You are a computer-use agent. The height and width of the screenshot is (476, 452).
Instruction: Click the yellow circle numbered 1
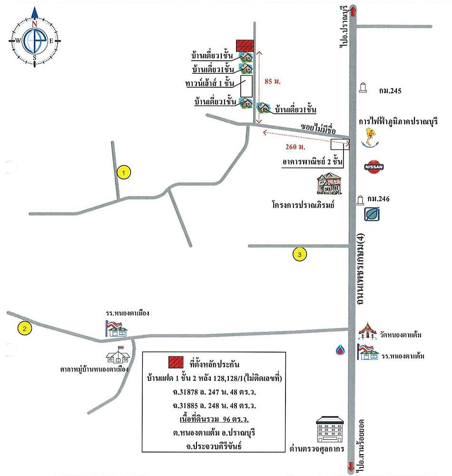pyautogui.click(x=123, y=173)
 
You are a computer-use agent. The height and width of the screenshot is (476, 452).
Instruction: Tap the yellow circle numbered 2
pyautogui.click(x=25, y=328)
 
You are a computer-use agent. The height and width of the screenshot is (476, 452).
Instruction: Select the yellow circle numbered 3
pyautogui.click(x=299, y=254)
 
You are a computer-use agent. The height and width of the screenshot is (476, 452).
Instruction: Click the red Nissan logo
pyautogui.click(x=374, y=167)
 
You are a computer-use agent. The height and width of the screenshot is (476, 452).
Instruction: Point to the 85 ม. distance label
pyautogui.click(x=273, y=81)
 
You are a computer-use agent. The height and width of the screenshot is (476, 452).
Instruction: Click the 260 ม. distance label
pyautogui.click(x=295, y=147)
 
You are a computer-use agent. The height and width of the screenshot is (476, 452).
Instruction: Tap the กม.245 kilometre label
pyautogui.click(x=390, y=91)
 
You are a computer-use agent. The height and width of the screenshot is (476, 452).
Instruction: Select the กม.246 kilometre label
pyautogui.click(x=378, y=199)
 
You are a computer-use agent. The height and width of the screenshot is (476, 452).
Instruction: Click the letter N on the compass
pyautogui.click(x=34, y=24)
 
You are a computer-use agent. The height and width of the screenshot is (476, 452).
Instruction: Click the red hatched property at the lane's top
pyautogui.click(x=245, y=46)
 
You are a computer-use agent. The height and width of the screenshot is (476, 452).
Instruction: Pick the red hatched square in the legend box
pyautogui.click(x=176, y=362)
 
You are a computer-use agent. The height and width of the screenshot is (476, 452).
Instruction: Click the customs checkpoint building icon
pyautogui.click(x=330, y=429)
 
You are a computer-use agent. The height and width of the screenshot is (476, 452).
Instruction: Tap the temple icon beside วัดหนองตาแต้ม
pyautogui.click(x=368, y=331)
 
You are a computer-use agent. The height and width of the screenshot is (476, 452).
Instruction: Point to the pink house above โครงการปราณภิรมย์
pyautogui.click(x=329, y=184)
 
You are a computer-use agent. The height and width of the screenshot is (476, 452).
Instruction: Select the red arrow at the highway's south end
pyautogui.click(x=352, y=466)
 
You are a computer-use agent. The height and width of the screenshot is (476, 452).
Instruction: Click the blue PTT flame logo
pyautogui.click(x=340, y=350)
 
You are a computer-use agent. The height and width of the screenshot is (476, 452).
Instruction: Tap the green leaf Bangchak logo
pyautogui.click(x=372, y=214)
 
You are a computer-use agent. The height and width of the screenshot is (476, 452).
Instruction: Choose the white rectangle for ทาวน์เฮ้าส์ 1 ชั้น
pyautogui.click(x=246, y=86)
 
